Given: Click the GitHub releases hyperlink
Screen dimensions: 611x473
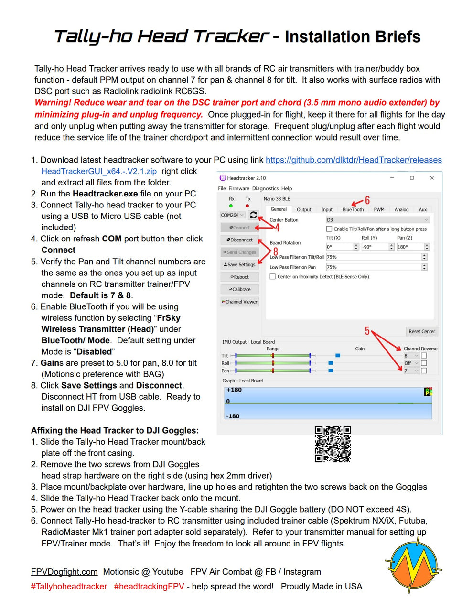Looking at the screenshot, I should (x=354, y=160).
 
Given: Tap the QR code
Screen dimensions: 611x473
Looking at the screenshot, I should (x=333, y=444).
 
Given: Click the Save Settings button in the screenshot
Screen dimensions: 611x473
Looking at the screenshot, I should (x=240, y=264).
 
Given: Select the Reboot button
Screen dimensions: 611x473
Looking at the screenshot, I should (x=240, y=277).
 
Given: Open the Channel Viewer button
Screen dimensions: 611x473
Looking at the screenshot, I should (x=240, y=302).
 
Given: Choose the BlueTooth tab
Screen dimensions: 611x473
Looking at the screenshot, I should (x=353, y=209).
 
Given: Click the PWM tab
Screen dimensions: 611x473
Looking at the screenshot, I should (x=379, y=209).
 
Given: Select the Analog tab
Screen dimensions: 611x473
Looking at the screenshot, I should (x=401, y=209).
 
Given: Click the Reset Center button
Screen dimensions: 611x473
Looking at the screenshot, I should (x=421, y=331).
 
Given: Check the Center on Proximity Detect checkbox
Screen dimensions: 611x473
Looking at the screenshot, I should (x=273, y=277).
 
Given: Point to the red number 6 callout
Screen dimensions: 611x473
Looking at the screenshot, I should (x=367, y=200).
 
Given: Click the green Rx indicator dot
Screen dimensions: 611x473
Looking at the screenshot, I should (x=231, y=206).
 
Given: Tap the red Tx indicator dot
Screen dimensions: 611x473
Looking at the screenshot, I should (x=247, y=206).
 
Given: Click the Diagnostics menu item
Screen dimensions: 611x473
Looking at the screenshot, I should (x=265, y=188).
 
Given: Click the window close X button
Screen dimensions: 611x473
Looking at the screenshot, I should (x=432, y=178).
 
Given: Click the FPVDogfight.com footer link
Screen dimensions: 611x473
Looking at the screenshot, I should (x=64, y=572).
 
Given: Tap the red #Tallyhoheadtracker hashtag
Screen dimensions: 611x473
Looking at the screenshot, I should (x=69, y=586).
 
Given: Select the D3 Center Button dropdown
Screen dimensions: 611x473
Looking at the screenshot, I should (x=377, y=220).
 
